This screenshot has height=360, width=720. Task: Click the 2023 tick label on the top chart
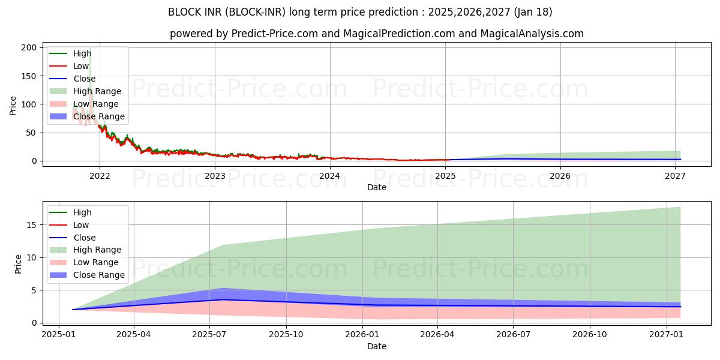pyautogui.click(x=215, y=176)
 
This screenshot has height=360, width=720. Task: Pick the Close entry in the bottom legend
pyautogui.click(x=84, y=238)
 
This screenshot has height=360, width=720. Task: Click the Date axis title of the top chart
pyautogui.click(x=377, y=187)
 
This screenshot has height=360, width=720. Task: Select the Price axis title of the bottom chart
pyautogui.click(x=18, y=264)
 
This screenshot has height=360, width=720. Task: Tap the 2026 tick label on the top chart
pyautogui.click(x=560, y=176)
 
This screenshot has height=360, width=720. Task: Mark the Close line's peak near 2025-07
pyautogui.click(x=223, y=299)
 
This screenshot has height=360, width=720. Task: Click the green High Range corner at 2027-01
pyautogui.click(x=680, y=208)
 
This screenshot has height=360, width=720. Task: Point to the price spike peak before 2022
pyautogui.click(x=90, y=49)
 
